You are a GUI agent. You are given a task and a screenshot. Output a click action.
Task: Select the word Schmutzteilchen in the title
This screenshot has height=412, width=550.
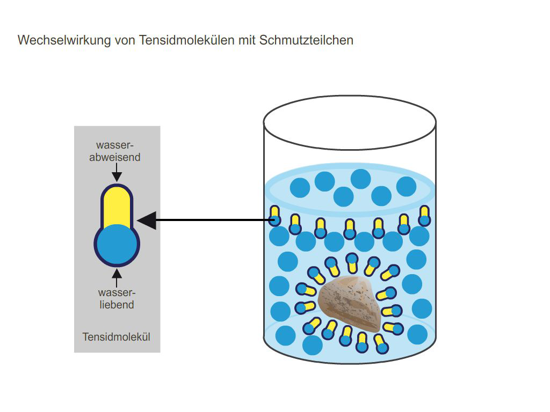306,40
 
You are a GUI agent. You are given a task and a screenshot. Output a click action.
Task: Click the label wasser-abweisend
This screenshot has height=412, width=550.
115,151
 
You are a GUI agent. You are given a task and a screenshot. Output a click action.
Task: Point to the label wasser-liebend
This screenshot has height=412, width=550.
117,298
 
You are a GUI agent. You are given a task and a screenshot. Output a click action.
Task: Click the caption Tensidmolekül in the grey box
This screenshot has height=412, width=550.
116,337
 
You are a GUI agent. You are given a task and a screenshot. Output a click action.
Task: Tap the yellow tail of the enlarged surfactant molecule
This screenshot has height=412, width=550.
117,207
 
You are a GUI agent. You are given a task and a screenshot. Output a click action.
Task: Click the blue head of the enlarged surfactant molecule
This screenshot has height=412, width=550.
117,244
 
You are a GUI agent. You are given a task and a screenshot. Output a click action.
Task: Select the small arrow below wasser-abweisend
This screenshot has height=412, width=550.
117,172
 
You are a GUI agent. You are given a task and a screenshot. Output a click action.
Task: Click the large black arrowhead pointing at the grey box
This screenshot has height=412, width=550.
147,220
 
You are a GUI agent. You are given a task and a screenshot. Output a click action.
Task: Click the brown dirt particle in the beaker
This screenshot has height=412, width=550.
350,304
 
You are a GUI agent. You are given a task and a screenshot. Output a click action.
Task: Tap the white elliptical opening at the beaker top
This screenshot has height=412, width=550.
350,123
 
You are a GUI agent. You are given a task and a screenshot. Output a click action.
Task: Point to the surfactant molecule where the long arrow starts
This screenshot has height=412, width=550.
274,216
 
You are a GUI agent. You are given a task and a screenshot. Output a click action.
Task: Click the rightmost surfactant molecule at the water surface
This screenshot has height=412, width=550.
424,216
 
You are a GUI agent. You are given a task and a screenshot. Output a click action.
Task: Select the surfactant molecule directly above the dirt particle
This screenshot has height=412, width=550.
352,263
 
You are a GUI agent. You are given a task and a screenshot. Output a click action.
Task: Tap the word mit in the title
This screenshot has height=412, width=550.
247,40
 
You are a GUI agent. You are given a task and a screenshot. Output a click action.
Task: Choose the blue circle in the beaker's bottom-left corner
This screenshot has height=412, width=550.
286,336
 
